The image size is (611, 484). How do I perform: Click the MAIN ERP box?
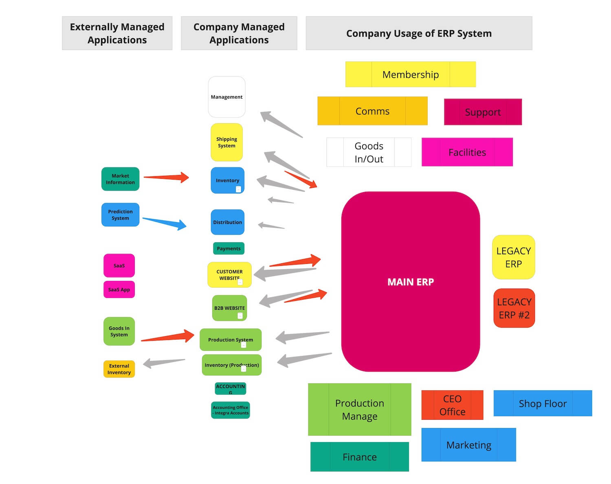pos(410,282)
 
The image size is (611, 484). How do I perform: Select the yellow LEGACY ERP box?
pos(513,257)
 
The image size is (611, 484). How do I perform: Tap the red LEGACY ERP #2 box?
pos(514,308)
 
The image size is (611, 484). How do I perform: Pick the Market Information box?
pos(120,179)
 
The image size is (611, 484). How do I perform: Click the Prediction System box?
pos(120,215)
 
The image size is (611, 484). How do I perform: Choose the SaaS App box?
pos(119,289)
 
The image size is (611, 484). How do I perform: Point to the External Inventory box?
pos(119,369)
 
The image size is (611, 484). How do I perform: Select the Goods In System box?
pos(119,331)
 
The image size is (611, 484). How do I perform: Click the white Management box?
pos(226,97)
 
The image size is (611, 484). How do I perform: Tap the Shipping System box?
pos(226,142)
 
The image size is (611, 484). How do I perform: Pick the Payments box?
pos(229,248)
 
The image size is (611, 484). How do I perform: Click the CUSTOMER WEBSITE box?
pos(229,274)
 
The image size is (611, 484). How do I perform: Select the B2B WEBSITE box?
pos(229,308)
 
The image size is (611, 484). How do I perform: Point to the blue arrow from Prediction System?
pos(165,223)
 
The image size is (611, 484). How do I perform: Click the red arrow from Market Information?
pos(166,177)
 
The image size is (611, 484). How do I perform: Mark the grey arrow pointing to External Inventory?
pos(164,362)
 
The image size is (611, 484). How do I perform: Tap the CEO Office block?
pos(452,405)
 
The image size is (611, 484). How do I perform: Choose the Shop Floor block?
pos(542,403)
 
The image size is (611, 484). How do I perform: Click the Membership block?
pos(410,74)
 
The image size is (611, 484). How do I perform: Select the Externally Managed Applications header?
pos(117,33)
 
